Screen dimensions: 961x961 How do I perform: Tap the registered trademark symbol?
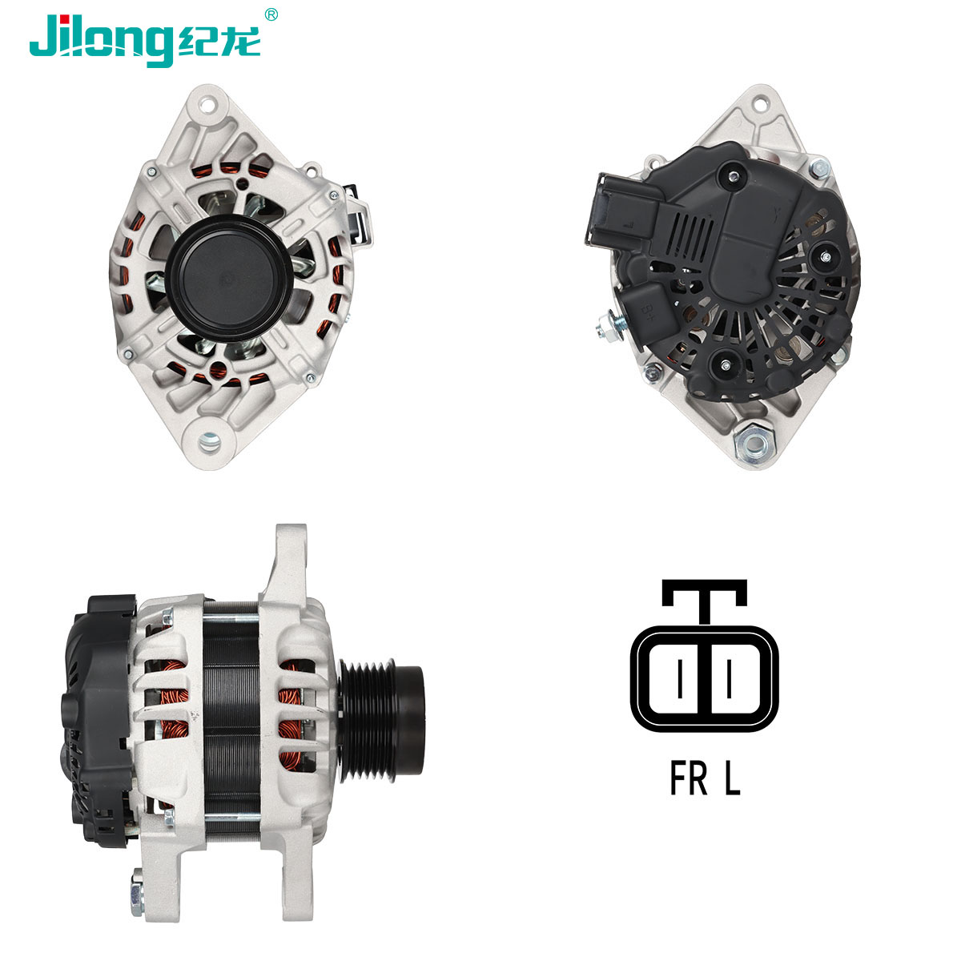coord(271,14)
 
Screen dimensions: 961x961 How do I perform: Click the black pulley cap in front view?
coord(229,278)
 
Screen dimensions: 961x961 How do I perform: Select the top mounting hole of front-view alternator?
coord(207,106)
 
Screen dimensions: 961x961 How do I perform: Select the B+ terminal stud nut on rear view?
coord(610,325)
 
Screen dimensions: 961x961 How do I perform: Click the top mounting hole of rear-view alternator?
coord(760,105)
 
